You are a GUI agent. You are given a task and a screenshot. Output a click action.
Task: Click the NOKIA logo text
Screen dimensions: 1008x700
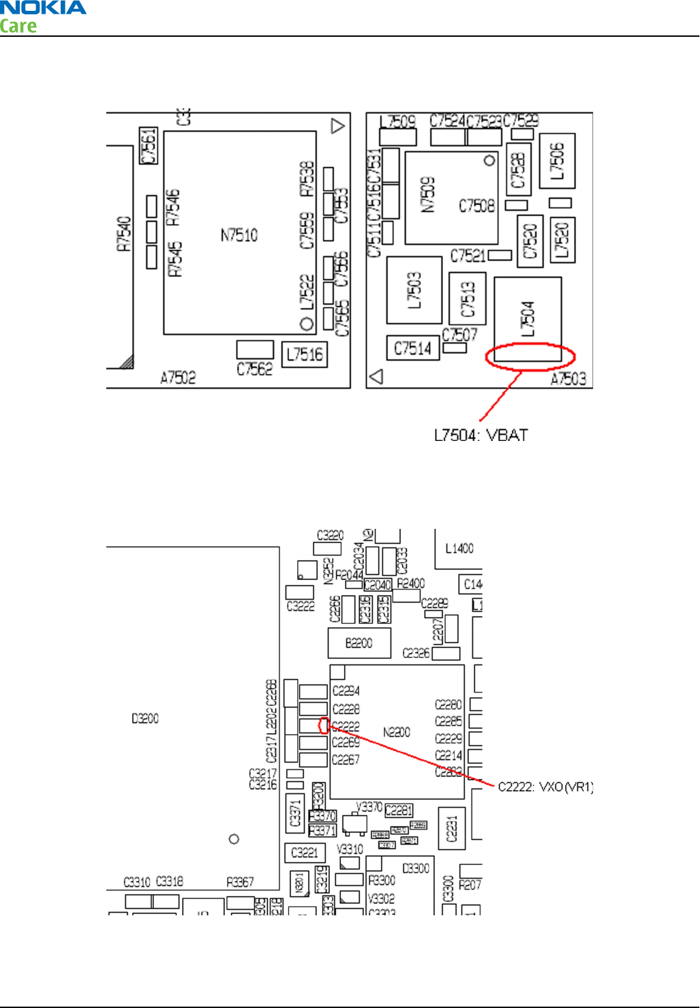point(43,8)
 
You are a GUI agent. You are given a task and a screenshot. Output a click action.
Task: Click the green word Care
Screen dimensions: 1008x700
point(18,27)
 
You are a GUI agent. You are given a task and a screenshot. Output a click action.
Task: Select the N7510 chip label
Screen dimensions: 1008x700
point(239,236)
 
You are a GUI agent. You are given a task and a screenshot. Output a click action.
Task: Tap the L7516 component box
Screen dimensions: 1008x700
point(305,354)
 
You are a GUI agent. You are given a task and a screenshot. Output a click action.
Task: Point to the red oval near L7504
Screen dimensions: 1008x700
point(530,356)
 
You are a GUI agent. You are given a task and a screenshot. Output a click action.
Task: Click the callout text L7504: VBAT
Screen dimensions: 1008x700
point(481,436)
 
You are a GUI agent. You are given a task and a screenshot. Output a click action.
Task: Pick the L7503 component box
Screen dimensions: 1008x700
point(414,290)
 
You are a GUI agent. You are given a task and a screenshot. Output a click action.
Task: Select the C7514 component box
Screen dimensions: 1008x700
point(412,348)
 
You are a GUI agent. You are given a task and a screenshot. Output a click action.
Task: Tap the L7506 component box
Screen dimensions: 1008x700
point(557,161)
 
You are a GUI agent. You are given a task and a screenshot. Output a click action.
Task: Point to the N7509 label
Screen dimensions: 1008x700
point(428,196)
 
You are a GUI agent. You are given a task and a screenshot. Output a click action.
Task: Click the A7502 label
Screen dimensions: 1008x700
point(178,378)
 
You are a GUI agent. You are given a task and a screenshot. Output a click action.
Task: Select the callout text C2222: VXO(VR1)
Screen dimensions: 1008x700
point(545,787)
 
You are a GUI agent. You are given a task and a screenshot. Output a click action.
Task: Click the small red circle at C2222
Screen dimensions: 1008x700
point(324,726)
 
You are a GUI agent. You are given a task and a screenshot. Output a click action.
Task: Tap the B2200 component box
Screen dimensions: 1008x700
point(359,643)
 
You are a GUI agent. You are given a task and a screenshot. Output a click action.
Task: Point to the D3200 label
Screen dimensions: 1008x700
point(145,719)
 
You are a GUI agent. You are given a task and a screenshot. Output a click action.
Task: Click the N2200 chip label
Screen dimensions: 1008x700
point(397,733)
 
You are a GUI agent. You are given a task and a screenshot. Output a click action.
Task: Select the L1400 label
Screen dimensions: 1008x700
point(459,549)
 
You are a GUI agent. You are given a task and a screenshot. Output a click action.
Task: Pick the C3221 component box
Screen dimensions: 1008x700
point(305,853)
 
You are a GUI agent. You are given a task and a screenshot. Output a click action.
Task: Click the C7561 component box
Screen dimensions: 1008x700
point(149,146)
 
